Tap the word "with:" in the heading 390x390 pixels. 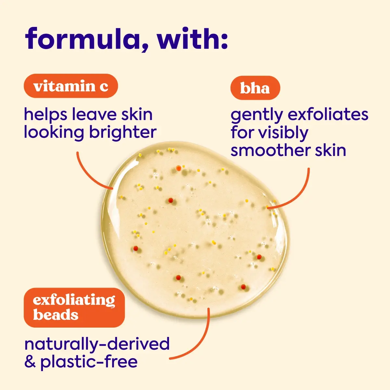coord(192,38)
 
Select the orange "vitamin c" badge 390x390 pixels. coord(71,86)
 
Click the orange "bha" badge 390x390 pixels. coord(255,88)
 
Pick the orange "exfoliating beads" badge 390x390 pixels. coord(74,308)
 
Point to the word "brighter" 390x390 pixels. coord(123,133)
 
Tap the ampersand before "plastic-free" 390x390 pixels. coord(30,361)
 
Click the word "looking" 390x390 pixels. coord(54,133)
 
